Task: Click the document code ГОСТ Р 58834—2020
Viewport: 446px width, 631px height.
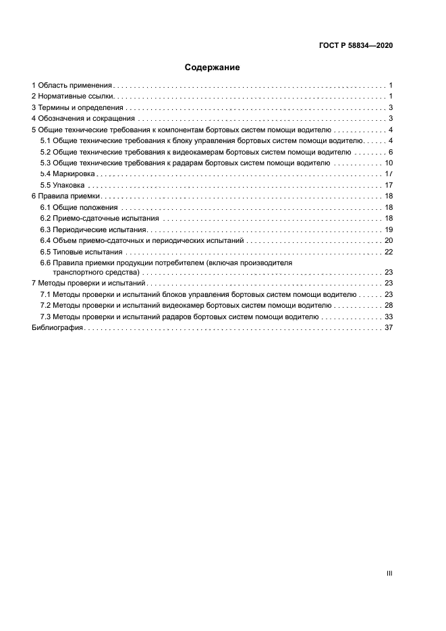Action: click(x=356, y=46)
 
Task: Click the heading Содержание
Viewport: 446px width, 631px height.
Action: click(x=213, y=67)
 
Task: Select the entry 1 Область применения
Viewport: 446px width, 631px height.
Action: click(x=72, y=86)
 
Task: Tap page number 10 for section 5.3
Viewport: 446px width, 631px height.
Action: click(x=388, y=163)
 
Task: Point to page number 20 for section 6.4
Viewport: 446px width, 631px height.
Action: click(x=388, y=240)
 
